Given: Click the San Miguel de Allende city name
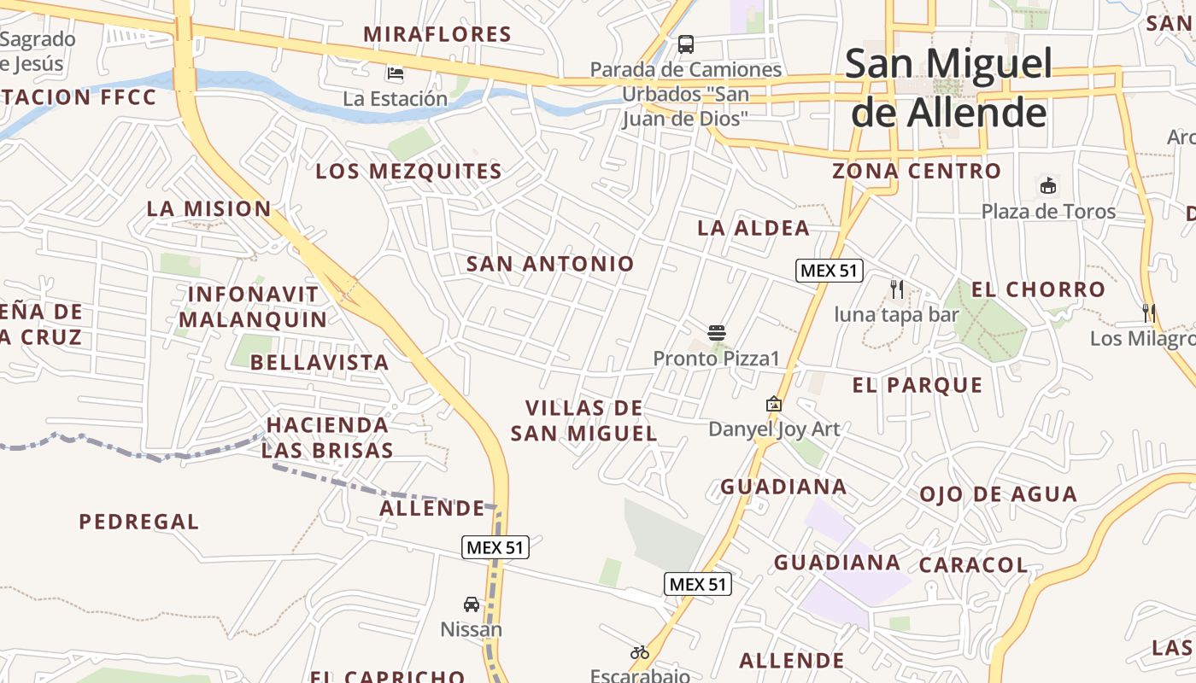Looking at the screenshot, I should [948, 88].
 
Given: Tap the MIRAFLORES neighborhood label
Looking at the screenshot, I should [437, 35].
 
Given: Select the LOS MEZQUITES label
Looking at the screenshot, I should [408, 172].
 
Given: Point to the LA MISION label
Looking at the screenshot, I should [208, 209].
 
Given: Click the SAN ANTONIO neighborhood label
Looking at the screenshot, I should [550, 265].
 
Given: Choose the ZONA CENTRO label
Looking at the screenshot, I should [917, 172].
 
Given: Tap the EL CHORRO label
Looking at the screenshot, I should [1038, 290].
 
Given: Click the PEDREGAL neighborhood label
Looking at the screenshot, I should [138, 522].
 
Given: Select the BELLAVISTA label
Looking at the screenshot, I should [320, 363].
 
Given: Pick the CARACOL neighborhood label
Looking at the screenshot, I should [973, 565].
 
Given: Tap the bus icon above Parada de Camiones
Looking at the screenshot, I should [685, 44].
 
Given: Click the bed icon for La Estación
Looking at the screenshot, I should [395, 73].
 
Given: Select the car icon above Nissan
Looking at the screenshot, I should [471, 604].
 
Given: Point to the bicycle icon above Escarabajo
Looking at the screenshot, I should [639, 652].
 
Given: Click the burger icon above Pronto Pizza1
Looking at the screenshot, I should [716, 332].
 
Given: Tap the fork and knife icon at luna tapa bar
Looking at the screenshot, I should [896, 289].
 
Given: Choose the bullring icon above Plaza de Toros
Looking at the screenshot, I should [1047, 185].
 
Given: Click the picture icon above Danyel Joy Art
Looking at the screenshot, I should [773, 403].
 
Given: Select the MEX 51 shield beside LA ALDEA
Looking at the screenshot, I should [829, 271].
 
